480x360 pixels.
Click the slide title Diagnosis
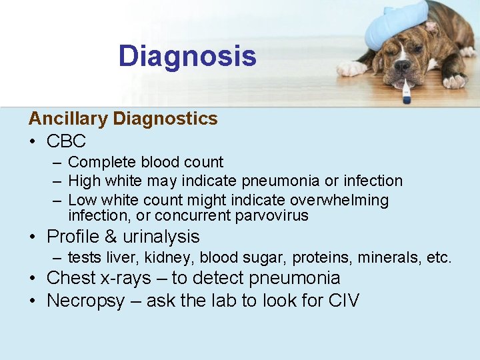coord(187,56)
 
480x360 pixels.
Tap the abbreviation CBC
coord(66,141)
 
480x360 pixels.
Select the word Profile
coord(73,237)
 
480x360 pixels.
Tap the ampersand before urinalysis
coord(110,237)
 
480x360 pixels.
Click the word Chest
coord(70,278)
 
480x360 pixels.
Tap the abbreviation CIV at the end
coord(344,301)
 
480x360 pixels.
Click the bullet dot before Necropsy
coord(33,301)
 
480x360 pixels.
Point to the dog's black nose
coord(402,66)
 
